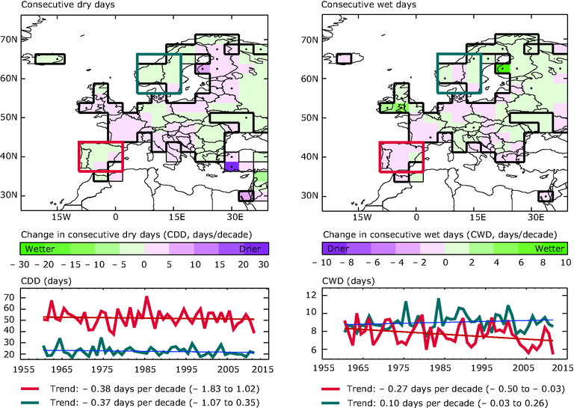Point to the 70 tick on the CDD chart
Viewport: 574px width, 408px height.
click(31, 298)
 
